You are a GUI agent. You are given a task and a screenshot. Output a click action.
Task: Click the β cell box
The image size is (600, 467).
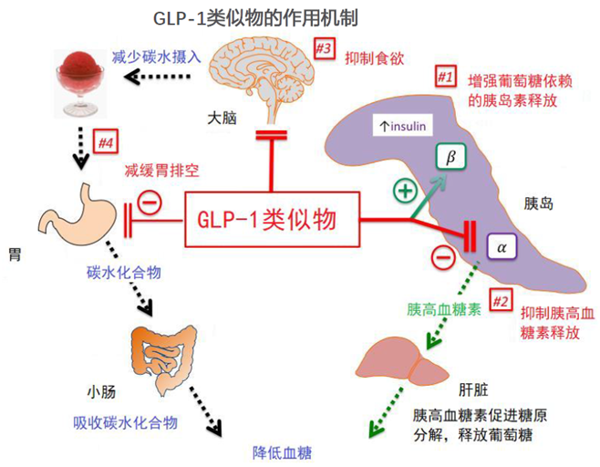point(450,159)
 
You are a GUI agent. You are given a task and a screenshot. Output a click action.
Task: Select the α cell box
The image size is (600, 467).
point(501,246)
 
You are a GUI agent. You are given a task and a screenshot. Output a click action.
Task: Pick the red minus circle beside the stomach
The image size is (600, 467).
point(150,202)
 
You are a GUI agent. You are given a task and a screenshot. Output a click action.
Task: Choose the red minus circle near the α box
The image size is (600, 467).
point(441,257)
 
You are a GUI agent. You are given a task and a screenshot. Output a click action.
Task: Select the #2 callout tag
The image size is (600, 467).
point(501,297)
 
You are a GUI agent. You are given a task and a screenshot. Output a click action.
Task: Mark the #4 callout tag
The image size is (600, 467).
point(107,142)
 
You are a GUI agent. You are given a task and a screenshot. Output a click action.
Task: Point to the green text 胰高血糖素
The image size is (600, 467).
point(445,309)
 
